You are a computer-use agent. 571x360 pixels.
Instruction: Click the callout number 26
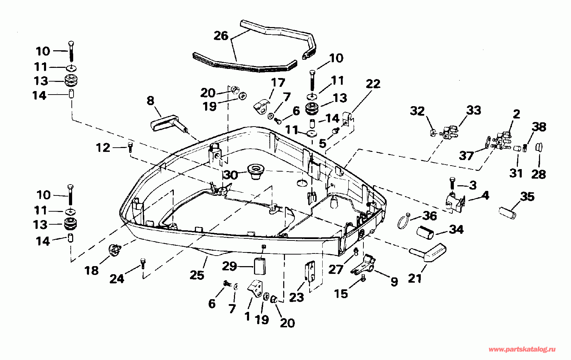click(x=221, y=36)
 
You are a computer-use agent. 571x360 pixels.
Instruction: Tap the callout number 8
click(x=150, y=101)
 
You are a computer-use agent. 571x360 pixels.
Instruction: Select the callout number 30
click(x=231, y=175)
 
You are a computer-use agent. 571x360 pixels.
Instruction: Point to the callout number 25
click(x=197, y=275)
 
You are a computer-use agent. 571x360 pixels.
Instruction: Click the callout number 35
click(x=527, y=197)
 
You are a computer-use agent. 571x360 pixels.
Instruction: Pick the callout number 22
click(x=373, y=84)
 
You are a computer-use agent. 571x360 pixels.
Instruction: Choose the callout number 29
click(x=229, y=266)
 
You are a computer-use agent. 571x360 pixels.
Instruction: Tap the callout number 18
click(x=91, y=270)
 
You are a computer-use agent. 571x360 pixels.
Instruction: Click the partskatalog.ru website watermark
click(x=522, y=349)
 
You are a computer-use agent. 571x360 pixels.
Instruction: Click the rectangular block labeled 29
click(x=260, y=266)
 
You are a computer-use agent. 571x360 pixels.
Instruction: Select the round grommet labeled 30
click(x=255, y=171)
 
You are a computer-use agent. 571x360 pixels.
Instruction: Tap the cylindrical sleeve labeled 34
click(x=426, y=233)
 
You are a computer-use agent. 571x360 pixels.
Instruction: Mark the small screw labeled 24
click(x=143, y=262)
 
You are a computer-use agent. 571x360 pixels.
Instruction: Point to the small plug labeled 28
click(x=539, y=147)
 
